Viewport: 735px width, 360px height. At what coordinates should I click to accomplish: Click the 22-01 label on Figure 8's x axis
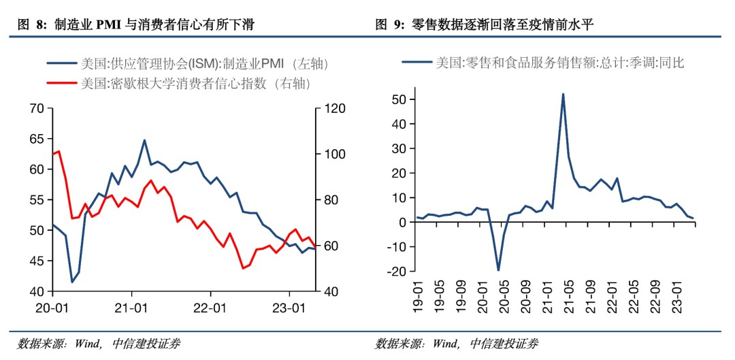(210, 307)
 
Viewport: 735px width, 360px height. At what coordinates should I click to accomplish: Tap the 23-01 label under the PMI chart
(289, 307)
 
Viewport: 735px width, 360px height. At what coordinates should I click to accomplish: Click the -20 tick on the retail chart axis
(397, 271)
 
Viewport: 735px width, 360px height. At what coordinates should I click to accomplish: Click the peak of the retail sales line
(563, 94)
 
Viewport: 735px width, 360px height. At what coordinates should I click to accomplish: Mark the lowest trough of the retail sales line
(498, 270)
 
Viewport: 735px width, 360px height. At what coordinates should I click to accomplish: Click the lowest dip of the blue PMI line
(72, 282)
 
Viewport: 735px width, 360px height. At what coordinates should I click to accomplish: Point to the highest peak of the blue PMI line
(144, 140)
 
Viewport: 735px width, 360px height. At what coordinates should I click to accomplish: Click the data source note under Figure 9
(456, 344)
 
